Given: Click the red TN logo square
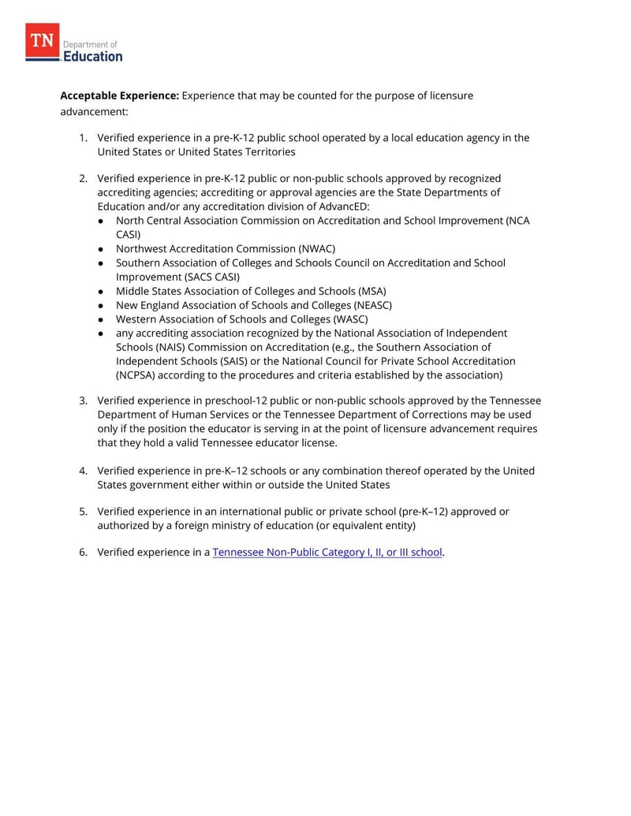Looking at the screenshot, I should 43,41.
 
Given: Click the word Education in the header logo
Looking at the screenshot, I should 93,57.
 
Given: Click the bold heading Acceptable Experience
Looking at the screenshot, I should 120,95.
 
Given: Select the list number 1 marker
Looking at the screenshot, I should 83,138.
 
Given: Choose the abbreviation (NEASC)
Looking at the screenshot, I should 368,305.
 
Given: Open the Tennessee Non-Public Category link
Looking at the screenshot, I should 327,553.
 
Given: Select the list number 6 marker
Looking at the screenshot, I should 83,553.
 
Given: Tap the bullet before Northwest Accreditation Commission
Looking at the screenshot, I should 102,248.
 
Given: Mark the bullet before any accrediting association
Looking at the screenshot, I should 102,333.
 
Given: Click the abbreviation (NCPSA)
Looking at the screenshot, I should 144,375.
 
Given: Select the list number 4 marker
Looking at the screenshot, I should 83,471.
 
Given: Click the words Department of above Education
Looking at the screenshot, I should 90,44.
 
